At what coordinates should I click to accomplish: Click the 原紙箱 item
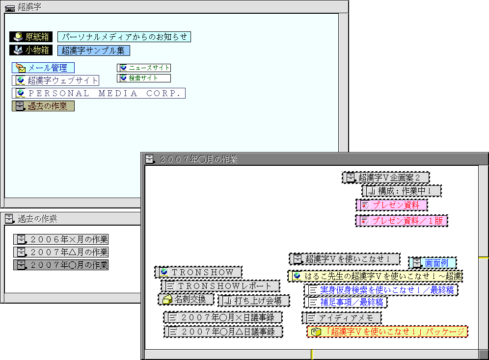point(31,37)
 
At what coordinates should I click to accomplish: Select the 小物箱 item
point(31,50)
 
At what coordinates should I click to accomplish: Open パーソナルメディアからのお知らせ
point(124,37)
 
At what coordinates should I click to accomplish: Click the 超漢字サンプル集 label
point(93,50)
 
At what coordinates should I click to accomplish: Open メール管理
point(43,68)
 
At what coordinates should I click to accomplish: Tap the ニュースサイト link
point(144,68)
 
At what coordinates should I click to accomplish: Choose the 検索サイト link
point(144,78)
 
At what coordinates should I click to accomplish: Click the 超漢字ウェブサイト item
point(56,80)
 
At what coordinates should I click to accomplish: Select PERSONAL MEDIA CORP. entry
point(99,93)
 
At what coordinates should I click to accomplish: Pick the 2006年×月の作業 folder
point(61,239)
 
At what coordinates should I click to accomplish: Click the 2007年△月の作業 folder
point(61,252)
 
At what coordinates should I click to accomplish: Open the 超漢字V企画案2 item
point(386,178)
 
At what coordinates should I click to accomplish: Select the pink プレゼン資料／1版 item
point(402,221)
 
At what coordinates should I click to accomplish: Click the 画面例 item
point(432,263)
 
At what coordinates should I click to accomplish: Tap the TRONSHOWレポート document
point(221,286)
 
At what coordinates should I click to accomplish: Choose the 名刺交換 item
point(186,299)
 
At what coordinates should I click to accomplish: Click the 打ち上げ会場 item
point(254,300)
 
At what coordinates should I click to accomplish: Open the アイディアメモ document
point(342,318)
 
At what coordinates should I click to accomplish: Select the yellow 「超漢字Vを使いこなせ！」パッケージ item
point(387,332)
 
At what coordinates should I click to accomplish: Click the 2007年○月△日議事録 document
point(223,332)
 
